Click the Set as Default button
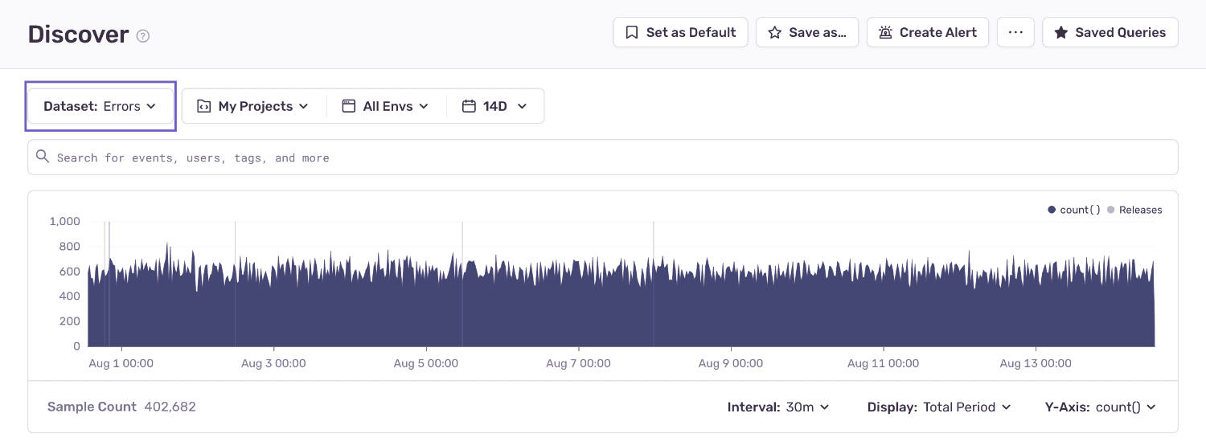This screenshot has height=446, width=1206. tap(680, 33)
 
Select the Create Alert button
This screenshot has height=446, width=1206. tap(927, 33)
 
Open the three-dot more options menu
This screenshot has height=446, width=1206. tap(1015, 33)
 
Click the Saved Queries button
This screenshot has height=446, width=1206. tap(1110, 33)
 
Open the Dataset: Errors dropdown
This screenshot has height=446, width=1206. tap(100, 106)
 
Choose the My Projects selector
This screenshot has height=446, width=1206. tap(253, 106)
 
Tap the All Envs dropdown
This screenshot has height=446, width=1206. tap(386, 106)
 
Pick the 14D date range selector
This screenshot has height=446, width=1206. tap(494, 106)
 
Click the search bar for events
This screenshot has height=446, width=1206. tap(603, 158)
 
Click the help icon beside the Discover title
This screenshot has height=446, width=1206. tap(143, 36)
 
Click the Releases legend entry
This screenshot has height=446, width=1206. tap(1134, 210)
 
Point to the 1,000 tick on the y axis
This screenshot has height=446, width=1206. tap(64, 221)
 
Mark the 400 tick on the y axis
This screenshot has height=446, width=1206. tap(71, 297)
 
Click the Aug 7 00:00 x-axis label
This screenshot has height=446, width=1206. tap(578, 363)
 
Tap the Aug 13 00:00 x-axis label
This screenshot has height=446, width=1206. tap(1036, 363)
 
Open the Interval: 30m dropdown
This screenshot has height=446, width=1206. tap(777, 407)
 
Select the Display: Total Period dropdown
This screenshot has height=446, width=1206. tap(938, 407)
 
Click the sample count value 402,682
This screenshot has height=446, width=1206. tap(170, 407)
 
